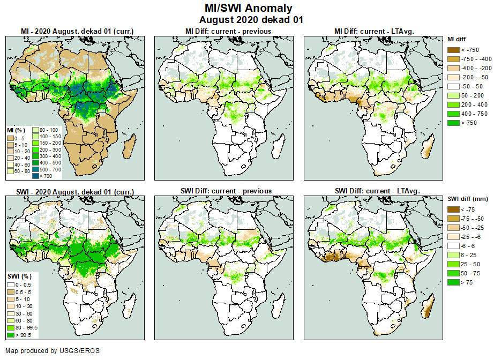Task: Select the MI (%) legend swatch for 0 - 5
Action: click(11, 138)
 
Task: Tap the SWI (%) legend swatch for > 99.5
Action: click(11, 335)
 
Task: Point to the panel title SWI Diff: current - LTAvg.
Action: click(377, 191)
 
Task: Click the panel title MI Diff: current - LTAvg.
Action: click(377, 31)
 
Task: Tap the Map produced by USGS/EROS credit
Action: click(53, 351)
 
